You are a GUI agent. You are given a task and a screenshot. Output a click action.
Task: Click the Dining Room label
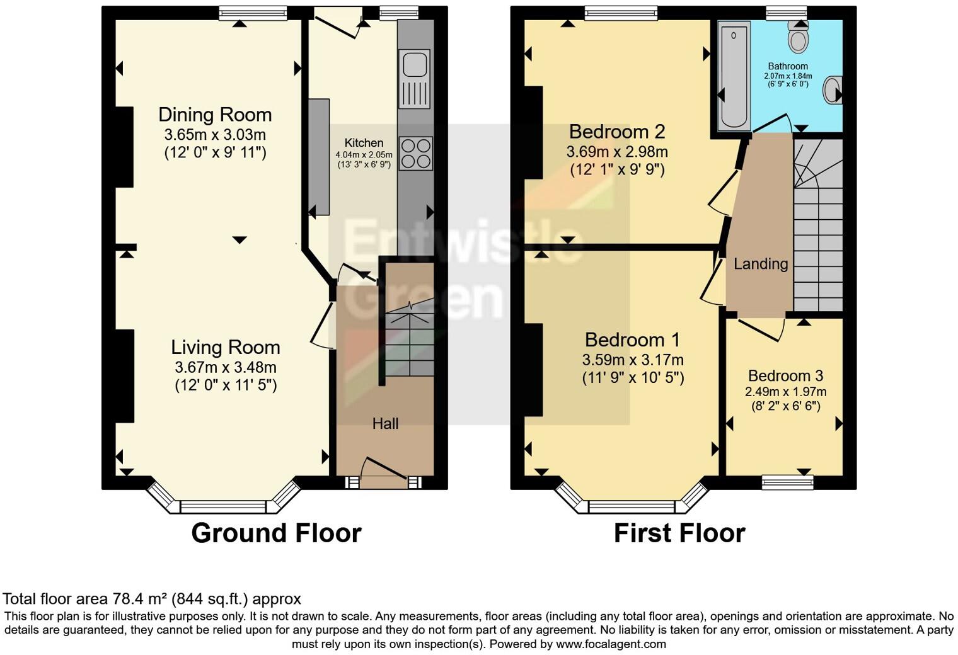point(215,115)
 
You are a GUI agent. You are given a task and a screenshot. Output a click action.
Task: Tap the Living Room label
point(226,347)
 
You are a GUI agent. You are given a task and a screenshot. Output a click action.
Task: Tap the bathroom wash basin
point(834,90)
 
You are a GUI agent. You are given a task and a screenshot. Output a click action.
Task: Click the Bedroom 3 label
point(785,376)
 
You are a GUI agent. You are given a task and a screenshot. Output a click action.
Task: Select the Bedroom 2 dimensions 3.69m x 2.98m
point(617,152)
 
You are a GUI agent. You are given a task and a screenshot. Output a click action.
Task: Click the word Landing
point(761,264)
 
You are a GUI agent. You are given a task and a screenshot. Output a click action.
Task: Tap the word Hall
point(385,424)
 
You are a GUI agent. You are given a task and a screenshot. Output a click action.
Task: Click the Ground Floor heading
point(276,533)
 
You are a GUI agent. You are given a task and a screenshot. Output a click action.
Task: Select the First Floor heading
point(679,533)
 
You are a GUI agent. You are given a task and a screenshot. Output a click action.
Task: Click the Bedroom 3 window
point(788,482)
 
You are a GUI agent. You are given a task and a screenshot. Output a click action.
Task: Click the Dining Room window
point(253,13)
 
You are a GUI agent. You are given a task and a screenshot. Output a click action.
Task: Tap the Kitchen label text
point(364,143)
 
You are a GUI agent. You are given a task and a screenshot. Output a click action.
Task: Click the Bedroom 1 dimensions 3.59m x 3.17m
point(633,360)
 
